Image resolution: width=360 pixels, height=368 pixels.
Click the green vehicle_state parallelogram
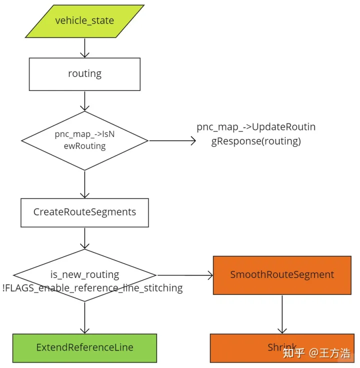coord(84,21)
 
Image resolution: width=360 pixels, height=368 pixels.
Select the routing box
coord(84,74)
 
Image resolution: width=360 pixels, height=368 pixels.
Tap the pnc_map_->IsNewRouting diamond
coord(84,140)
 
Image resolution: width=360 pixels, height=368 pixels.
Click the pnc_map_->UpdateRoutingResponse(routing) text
coord(256,134)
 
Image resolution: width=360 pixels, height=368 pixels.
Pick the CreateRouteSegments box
coord(84,212)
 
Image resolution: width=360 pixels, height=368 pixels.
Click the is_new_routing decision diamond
coord(84,274)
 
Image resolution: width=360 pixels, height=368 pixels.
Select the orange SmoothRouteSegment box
coord(282,275)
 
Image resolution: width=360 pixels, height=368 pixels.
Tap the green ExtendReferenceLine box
coord(84,347)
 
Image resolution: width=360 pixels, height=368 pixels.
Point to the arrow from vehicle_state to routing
coord(84,48)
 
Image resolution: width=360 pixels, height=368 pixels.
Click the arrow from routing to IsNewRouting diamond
coord(84,101)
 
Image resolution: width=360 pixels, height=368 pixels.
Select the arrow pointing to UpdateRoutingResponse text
coord(172,141)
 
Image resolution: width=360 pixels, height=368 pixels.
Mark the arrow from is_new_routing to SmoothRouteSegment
coord(185,275)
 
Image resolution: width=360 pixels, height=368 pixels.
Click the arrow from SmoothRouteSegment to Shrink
coord(282,314)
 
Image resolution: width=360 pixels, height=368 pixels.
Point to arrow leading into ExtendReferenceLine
coord(84,317)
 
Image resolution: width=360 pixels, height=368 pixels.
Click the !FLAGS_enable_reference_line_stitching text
coord(92,288)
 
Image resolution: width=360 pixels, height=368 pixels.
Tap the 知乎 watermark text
coord(293,353)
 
